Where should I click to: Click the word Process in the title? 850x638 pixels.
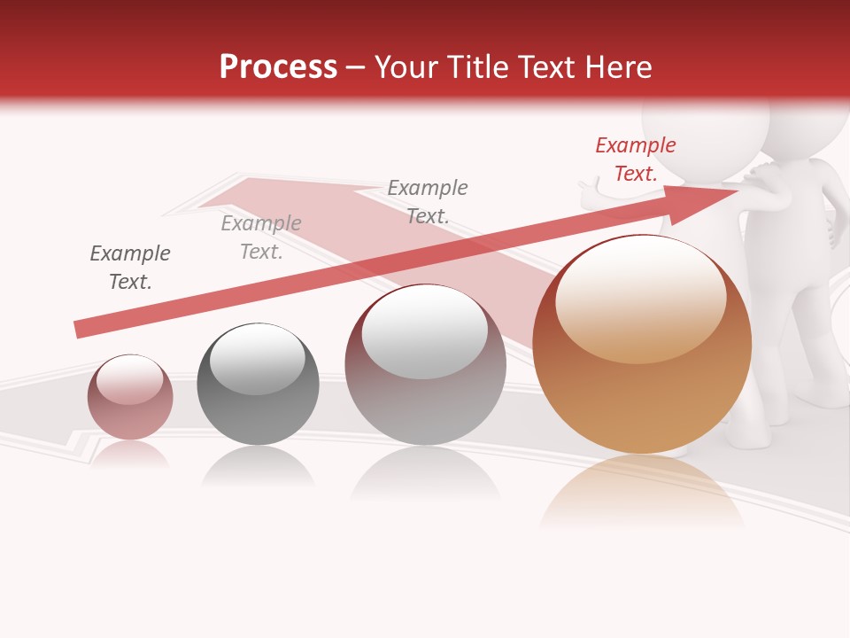pyautogui.click(x=278, y=67)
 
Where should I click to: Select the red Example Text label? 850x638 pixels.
pyautogui.click(x=635, y=159)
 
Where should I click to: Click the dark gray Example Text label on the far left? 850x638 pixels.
pyautogui.click(x=130, y=268)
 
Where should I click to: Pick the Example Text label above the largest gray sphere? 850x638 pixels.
pyautogui.click(x=428, y=201)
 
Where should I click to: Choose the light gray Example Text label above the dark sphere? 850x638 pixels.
pyautogui.click(x=261, y=237)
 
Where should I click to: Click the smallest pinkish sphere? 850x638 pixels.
pyautogui.click(x=130, y=398)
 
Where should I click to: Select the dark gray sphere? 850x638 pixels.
pyautogui.click(x=258, y=385)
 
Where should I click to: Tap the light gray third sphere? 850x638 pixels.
pyautogui.click(x=425, y=365)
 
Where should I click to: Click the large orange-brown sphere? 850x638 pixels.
pyautogui.click(x=642, y=346)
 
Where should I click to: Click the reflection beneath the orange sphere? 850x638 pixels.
pyautogui.click(x=642, y=492)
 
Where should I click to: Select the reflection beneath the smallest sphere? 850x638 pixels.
pyautogui.click(x=130, y=455)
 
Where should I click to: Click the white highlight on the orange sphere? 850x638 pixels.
pyautogui.click(x=640, y=297)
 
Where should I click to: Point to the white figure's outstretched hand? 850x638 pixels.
pyautogui.click(x=587, y=188)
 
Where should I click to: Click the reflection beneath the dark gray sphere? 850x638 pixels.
pyautogui.click(x=258, y=466)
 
